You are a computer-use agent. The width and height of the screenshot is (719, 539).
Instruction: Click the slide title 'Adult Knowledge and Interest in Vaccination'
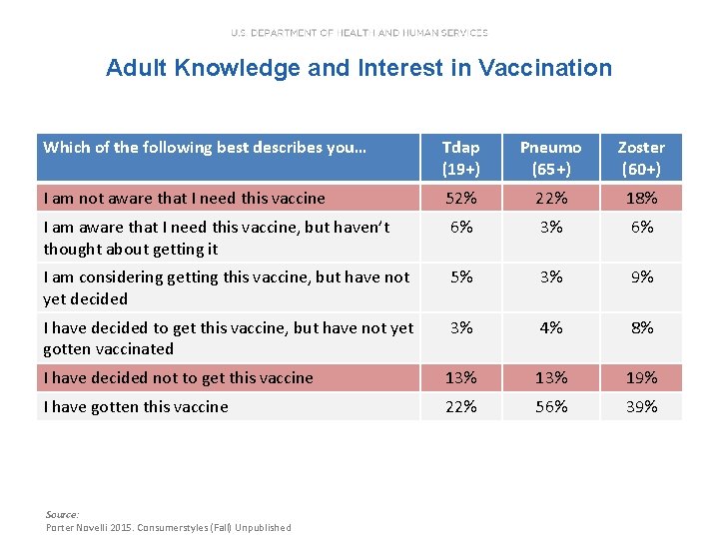pyautogui.click(x=359, y=68)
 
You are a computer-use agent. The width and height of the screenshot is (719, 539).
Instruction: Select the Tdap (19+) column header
pyautogui.click(x=461, y=158)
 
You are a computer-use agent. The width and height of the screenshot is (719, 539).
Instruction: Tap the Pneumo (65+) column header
pyautogui.click(x=550, y=158)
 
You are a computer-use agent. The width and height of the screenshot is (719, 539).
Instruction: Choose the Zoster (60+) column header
pyautogui.click(x=640, y=158)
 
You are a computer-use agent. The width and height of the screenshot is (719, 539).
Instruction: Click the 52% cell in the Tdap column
pyautogui.click(x=461, y=198)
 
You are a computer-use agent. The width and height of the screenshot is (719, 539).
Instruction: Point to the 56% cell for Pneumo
pyautogui.click(x=550, y=406)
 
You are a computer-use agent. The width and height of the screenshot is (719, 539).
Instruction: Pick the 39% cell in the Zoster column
pyautogui.click(x=640, y=406)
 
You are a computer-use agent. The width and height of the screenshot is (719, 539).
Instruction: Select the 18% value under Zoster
pyautogui.click(x=640, y=198)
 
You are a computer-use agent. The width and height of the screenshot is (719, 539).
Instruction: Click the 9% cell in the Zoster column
pyautogui.click(x=640, y=277)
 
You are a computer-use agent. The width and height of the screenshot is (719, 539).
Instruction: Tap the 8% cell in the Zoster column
pyautogui.click(x=640, y=327)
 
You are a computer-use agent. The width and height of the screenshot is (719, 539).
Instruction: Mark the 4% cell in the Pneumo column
pyautogui.click(x=550, y=327)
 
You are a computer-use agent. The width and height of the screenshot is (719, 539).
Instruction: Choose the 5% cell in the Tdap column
pyautogui.click(x=461, y=277)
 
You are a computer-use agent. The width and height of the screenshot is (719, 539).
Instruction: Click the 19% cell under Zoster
pyautogui.click(x=640, y=377)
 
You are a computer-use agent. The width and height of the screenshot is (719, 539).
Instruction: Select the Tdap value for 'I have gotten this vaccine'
pyautogui.click(x=461, y=406)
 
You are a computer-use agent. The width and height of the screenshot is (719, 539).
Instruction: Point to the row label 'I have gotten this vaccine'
pyautogui.click(x=136, y=406)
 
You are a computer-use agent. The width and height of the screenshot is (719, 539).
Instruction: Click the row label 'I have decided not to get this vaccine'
pyautogui.click(x=179, y=377)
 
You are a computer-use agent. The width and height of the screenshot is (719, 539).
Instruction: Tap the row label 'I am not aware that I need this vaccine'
pyautogui.click(x=185, y=198)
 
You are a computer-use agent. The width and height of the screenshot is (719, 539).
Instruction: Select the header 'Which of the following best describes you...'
pyautogui.click(x=206, y=148)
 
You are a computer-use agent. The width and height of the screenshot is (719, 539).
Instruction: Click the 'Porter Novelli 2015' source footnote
pyautogui.click(x=169, y=527)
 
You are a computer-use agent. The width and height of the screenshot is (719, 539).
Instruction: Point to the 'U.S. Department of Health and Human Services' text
pyautogui.click(x=359, y=33)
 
